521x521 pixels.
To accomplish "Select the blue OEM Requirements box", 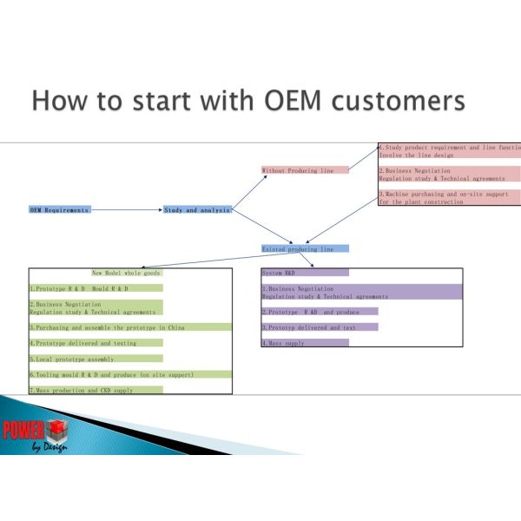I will (x=59, y=209).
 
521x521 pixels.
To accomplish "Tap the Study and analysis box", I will (x=197, y=209).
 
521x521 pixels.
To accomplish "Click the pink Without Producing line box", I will (x=305, y=170).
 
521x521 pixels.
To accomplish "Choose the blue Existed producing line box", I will (x=305, y=248).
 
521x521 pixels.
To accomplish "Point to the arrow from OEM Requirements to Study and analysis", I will (x=126, y=209).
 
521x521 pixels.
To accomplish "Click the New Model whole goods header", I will (x=127, y=273).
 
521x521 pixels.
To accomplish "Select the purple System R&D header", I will (x=305, y=273).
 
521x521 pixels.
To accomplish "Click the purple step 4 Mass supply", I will (x=305, y=343).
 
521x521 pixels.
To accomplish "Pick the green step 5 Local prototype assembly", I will (x=96, y=358).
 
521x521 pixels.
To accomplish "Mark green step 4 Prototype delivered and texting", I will (x=96, y=343).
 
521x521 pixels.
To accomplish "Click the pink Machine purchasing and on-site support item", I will (x=448, y=198).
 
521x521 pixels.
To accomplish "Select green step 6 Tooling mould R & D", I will (x=130, y=374).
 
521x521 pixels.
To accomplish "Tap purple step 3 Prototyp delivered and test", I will (x=320, y=327).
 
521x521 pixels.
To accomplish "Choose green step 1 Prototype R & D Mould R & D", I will (x=96, y=288).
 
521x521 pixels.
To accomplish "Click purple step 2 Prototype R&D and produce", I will (x=320, y=311).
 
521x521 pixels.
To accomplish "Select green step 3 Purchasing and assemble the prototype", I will (x=130, y=327).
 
